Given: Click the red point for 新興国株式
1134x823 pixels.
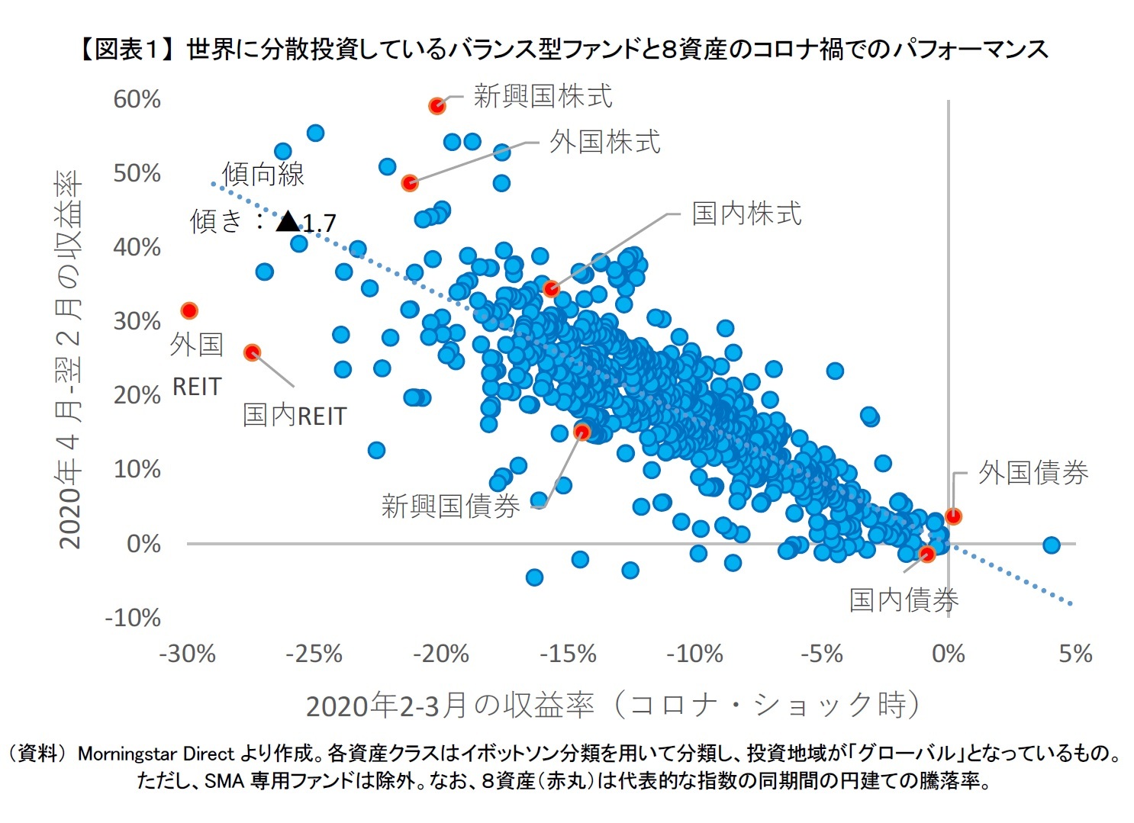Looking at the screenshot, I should tap(437, 106).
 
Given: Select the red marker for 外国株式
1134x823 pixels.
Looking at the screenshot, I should tap(410, 183).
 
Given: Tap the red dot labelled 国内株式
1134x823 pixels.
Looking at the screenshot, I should tap(551, 289).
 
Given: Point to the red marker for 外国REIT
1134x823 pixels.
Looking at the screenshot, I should tap(189, 310).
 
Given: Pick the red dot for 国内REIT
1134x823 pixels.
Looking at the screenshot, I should tap(252, 352).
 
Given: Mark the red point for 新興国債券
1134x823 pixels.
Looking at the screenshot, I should tap(582, 432).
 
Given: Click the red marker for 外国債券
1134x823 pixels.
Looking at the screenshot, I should tap(953, 516).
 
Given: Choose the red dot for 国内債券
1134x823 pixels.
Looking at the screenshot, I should tap(927, 554).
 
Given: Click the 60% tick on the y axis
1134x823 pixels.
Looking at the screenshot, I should tap(137, 99).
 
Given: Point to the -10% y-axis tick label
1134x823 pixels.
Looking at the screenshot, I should tap(133, 617).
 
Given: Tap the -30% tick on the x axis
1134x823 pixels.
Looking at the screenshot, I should tap(187, 654).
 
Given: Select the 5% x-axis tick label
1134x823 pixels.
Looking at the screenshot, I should tap(1075, 654).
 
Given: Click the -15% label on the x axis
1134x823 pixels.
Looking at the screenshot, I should tap(568, 654).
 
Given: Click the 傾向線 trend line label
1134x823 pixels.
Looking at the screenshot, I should tap(263, 175).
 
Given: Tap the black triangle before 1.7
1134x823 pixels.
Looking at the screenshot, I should tap(288, 222).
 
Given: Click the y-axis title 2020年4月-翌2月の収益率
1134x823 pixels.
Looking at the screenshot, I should tap(69, 358).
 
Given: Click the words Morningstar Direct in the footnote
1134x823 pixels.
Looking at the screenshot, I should tap(156, 754).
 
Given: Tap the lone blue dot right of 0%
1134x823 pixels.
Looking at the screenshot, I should tap(1051, 545).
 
